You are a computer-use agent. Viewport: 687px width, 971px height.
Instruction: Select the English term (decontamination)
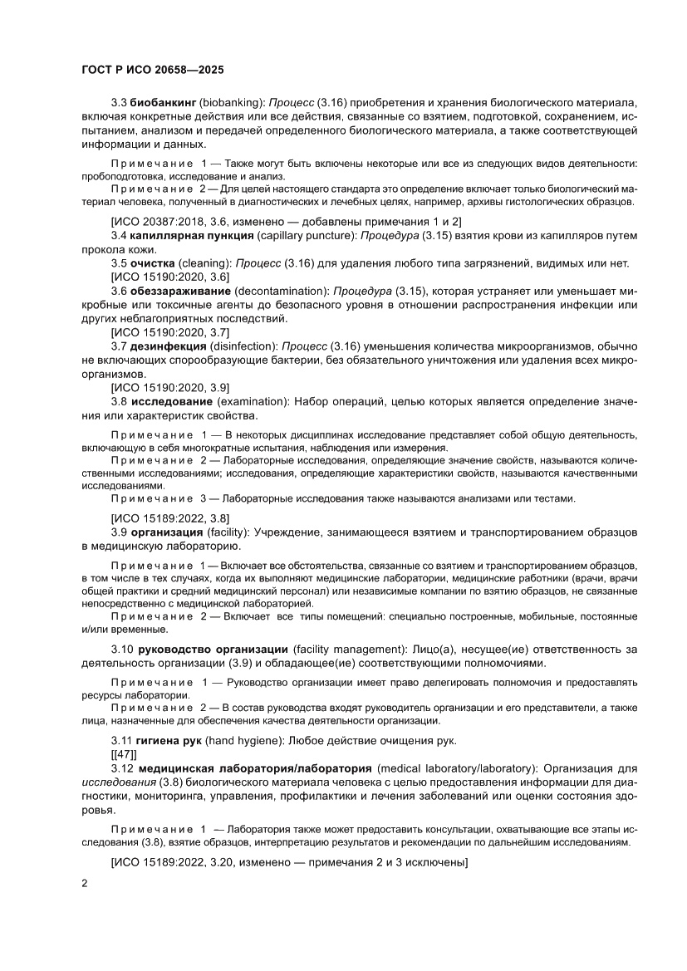coord(282,291)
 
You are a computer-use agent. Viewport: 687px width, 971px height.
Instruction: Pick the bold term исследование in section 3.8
coord(172,400)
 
